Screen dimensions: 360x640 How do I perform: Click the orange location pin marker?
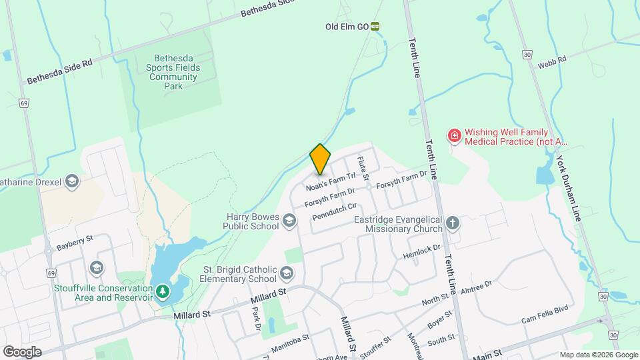[x=320, y=159]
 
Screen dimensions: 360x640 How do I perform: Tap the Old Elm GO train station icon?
[x=375, y=27]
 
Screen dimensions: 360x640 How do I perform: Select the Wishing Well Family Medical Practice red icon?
[x=455, y=136]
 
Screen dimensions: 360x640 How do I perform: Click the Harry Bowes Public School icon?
[x=289, y=220]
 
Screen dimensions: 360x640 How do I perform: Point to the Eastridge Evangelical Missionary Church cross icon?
[x=453, y=223]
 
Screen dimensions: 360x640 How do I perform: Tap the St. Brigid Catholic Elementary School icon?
[x=287, y=273]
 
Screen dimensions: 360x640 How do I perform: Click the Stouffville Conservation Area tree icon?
[x=161, y=292]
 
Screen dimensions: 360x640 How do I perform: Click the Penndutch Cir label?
[x=336, y=212]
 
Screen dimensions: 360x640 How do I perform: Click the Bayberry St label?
[x=75, y=239]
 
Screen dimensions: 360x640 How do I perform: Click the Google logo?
[x=22, y=351]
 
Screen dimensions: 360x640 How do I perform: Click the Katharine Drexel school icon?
[x=72, y=181]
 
